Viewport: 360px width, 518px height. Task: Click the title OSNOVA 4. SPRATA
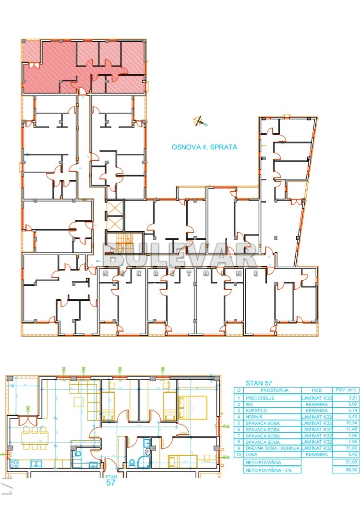click(x=204, y=147)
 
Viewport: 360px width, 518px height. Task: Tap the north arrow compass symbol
click(x=199, y=121)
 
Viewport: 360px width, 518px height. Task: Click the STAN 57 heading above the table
click(x=259, y=383)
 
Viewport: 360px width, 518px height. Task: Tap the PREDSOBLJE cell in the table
click(x=260, y=398)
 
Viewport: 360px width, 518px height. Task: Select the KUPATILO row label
click(x=257, y=411)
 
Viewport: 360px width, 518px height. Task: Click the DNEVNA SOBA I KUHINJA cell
click(x=273, y=448)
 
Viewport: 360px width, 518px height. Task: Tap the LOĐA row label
click(x=252, y=454)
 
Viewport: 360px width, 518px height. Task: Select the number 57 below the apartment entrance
click(x=110, y=483)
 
